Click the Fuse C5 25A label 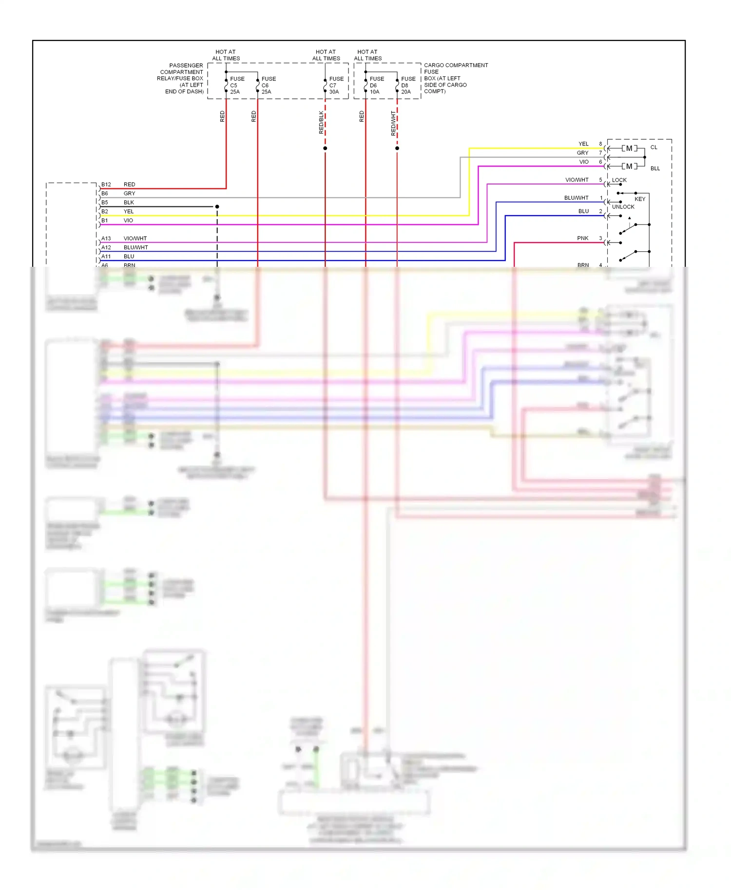coord(237,85)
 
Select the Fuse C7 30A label coord(336,85)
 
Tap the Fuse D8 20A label coord(408,85)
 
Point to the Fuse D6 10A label coord(376,85)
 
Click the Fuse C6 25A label coord(268,85)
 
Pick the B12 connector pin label coord(106,185)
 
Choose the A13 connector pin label coord(106,239)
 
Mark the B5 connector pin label coord(105,203)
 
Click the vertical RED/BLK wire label coord(321,122)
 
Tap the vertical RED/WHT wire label coord(393,123)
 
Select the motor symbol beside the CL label coord(629,148)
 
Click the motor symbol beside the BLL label coord(629,167)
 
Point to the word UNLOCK coord(623,207)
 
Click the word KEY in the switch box coord(639,199)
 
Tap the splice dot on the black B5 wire coord(217,207)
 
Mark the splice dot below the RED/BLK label coord(325,148)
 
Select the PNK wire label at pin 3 coord(582,239)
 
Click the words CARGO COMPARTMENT coord(456,65)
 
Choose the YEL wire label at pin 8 coord(583,144)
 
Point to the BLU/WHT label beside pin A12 coord(135,248)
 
